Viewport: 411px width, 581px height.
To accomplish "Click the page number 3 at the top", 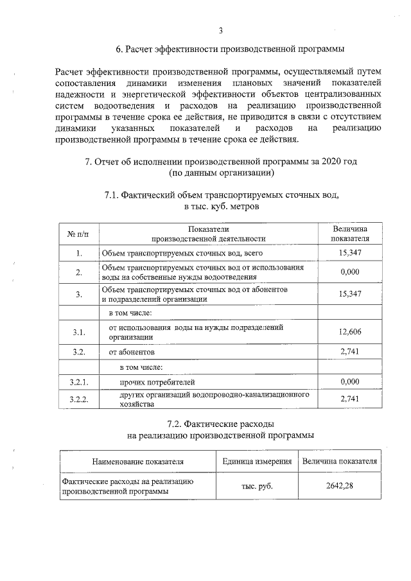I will pos(220,30).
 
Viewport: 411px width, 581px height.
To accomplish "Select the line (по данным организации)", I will pos(222,173).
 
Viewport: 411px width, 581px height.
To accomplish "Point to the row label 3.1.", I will pos(78,331).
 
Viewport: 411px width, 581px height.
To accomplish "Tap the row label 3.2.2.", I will pos(78,399).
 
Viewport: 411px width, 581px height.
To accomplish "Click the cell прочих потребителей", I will pos(156,383).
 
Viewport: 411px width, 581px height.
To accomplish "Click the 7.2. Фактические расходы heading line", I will pos(221,424).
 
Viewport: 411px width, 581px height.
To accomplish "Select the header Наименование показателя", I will pos(137,461).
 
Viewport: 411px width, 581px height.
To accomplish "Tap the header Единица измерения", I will pos(257,461).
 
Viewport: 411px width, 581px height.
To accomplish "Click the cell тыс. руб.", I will pos(257,486).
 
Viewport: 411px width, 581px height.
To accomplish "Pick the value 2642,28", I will pos(340,486).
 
